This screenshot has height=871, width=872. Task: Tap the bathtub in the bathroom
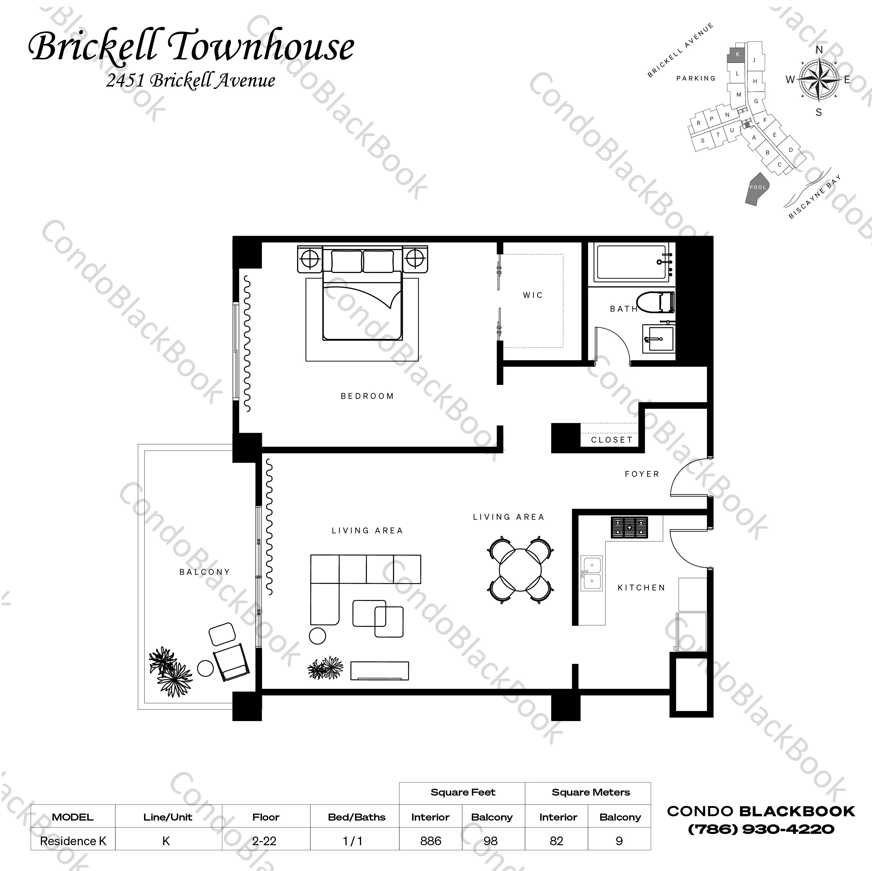click(x=632, y=262)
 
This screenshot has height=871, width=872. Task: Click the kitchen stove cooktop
click(x=629, y=527)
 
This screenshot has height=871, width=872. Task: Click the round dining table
click(x=520, y=570)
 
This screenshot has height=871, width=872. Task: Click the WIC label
click(x=533, y=295)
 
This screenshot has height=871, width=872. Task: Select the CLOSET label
click(x=611, y=440)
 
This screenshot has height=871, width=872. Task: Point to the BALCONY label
click(x=205, y=572)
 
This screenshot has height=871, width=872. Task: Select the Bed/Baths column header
click(x=356, y=817)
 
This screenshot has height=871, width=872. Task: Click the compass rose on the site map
click(x=819, y=80)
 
